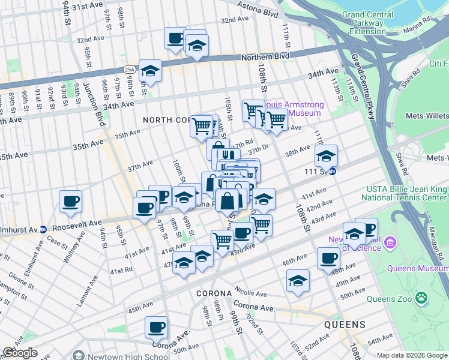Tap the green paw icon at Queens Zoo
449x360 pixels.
tap(423, 297)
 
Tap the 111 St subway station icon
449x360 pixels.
tap(332, 171)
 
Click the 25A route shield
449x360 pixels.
tap(130, 70)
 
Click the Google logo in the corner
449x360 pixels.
tap(20, 353)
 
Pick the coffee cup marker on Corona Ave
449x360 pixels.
tap(156, 327)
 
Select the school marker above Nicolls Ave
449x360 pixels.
tap(298, 281)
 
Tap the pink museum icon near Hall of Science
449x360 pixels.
tap(391, 243)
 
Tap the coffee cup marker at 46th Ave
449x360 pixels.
tap(328, 259)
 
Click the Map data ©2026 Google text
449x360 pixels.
tap(412, 355)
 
